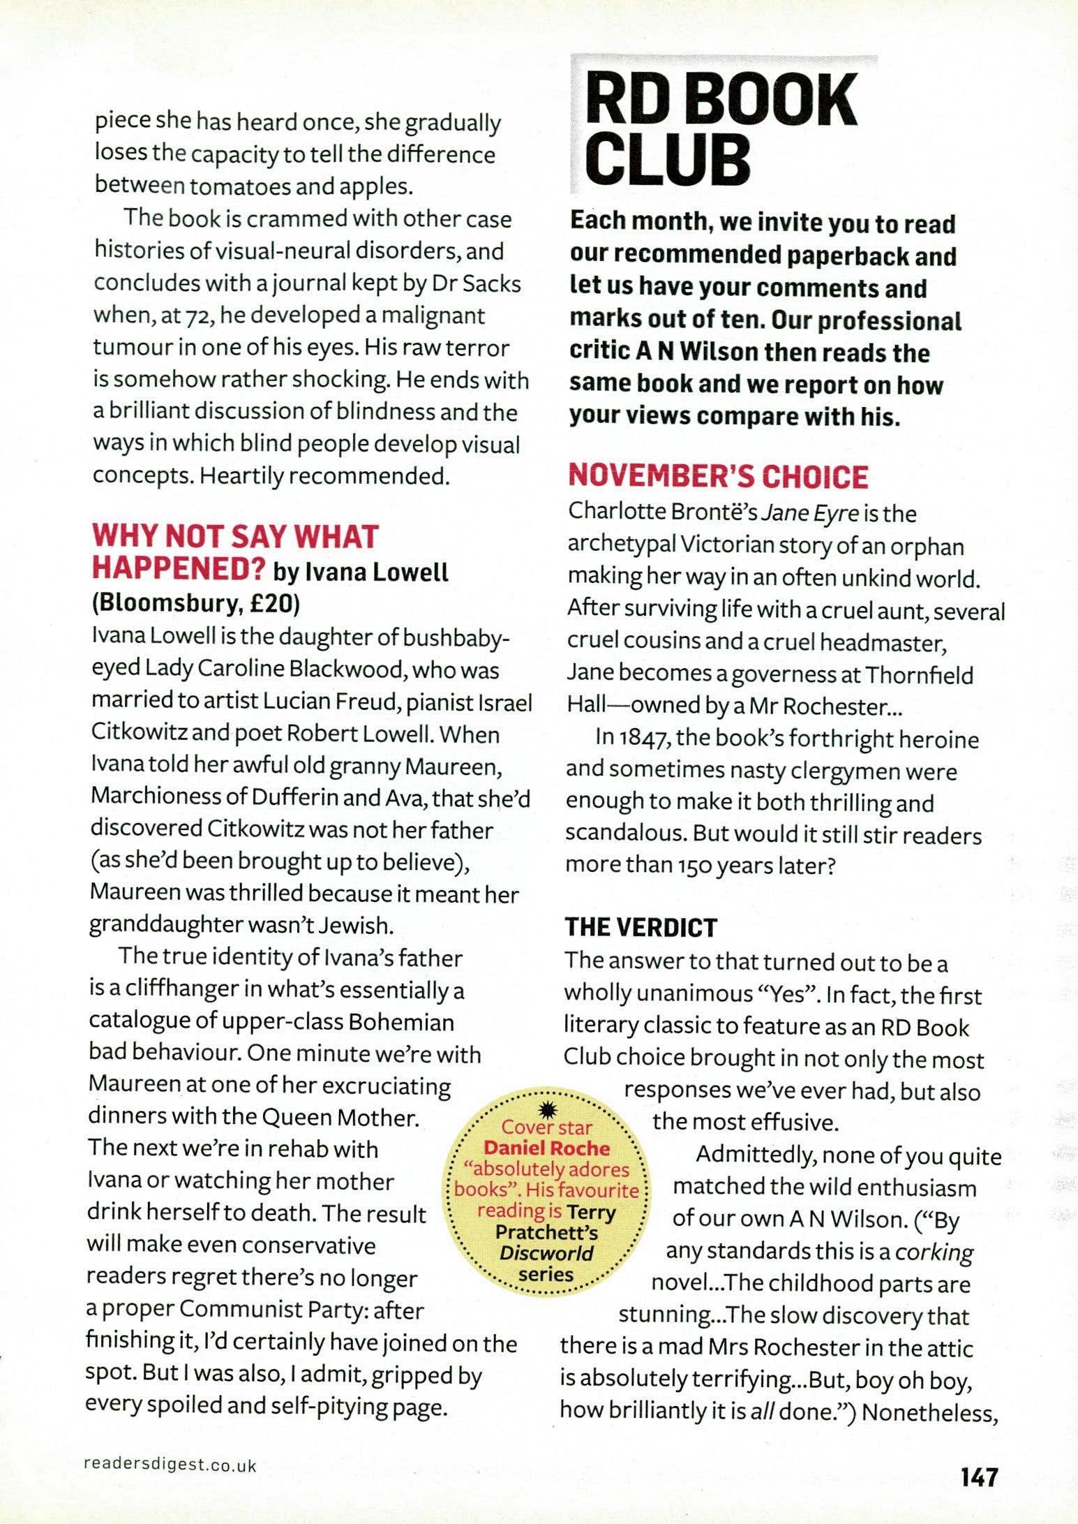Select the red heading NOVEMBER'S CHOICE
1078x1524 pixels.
click(718, 476)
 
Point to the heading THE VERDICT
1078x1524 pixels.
click(641, 927)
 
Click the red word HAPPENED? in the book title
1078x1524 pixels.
click(179, 569)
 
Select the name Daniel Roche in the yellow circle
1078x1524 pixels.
click(547, 1148)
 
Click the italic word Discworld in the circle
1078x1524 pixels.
click(547, 1253)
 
